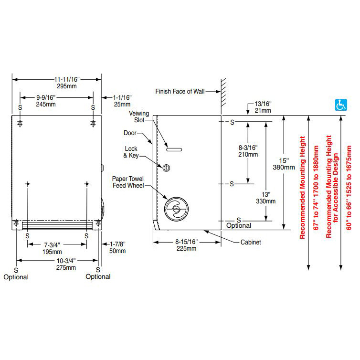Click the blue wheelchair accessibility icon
341,105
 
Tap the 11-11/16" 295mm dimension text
57,83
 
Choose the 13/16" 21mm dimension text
264,107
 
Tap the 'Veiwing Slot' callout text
139,117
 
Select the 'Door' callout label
130,133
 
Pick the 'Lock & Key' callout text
131,152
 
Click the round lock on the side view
167,168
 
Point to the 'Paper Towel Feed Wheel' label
128,182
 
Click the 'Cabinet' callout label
251,243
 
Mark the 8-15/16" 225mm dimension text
187,245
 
